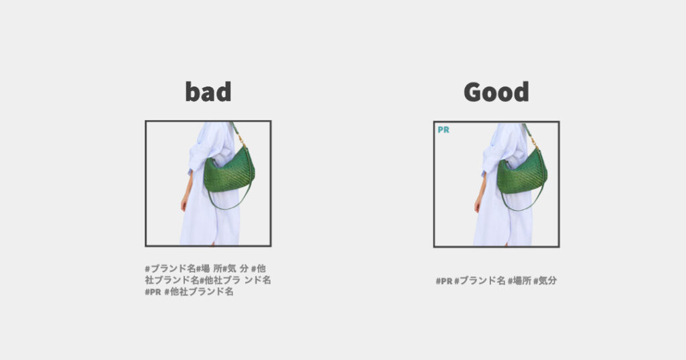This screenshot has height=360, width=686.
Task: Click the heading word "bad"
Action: [x=208, y=92]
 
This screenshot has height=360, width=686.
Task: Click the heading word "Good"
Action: [x=496, y=92]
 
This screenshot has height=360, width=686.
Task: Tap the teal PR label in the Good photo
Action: [x=443, y=129]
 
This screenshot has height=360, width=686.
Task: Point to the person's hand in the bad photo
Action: [x=185, y=203]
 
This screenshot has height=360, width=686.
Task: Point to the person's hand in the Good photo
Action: [x=478, y=204]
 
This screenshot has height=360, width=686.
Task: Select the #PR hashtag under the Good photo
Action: [x=443, y=281]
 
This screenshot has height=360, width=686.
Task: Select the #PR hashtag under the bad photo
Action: [x=153, y=292]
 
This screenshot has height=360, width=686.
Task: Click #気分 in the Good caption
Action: [x=545, y=281]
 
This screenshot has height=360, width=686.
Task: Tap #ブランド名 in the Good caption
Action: [x=480, y=281]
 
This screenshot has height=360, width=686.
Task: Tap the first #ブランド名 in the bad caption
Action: [x=171, y=268]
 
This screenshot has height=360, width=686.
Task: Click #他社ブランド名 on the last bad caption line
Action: [x=198, y=292]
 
